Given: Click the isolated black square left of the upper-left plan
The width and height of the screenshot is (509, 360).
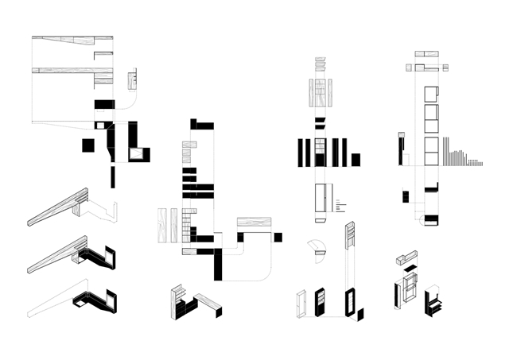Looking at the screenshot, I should click(x=87, y=145).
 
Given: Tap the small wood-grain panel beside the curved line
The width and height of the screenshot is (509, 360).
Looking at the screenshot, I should click(x=134, y=79).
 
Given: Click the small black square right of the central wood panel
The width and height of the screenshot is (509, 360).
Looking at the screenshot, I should click(x=278, y=237).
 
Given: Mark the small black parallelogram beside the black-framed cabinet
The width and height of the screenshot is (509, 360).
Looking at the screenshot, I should click(x=362, y=311).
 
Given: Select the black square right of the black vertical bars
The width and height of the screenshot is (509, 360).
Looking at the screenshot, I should click(x=356, y=158).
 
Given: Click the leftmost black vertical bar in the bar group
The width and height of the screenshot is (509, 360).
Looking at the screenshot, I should click(x=301, y=153).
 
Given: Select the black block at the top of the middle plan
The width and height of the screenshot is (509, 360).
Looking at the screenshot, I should click(x=202, y=124).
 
